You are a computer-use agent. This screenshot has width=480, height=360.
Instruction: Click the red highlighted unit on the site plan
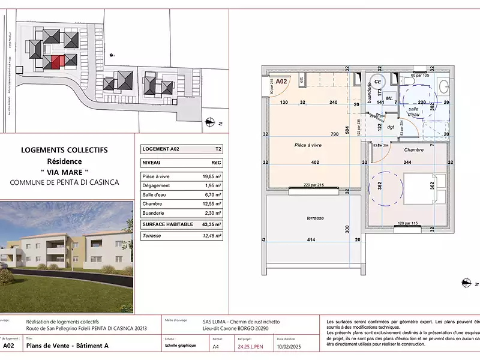tap(56, 61)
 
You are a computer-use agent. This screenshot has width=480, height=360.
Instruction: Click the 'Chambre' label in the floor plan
tap(414, 149)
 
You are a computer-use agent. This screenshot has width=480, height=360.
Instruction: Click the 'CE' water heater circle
tap(378, 82)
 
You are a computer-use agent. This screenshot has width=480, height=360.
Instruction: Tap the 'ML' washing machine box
tap(389, 98)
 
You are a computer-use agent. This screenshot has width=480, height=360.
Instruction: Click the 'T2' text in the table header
tap(217, 149)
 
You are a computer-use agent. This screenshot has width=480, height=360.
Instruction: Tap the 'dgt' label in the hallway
tap(390, 127)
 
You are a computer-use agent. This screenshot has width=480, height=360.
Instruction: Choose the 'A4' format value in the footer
tap(217, 346)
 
